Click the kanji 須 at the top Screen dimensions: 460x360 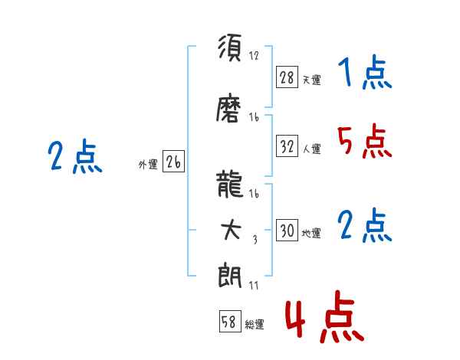click(x=230, y=47)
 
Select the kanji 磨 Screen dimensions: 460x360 click(x=228, y=108)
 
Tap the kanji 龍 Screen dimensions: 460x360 click(x=230, y=184)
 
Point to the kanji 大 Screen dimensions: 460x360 click(x=231, y=230)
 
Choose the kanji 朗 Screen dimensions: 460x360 click(x=230, y=276)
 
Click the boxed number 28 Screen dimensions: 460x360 click(x=287, y=77)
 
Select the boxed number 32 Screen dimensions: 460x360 click(x=287, y=146)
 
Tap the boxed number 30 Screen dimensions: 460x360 click(x=287, y=230)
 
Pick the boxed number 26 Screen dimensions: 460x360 click(x=173, y=162)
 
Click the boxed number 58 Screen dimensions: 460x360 click(x=230, y=321)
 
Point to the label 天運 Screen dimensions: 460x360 click(x=311, y=80)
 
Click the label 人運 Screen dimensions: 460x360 click(x=311, y=149)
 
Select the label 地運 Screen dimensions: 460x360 click(x=311, y=234)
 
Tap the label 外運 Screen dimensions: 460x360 click(x=148, y=165)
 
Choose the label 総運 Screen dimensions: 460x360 click(x=255, y=325)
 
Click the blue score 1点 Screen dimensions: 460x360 click(x=365, y=72)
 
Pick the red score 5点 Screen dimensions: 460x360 click(x=365, y=141)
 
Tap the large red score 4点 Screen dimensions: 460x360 click(x=325, y=316)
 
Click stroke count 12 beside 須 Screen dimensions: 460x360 click(x=254, y=56)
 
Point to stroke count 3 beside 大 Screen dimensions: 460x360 click(x=255, y=240)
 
